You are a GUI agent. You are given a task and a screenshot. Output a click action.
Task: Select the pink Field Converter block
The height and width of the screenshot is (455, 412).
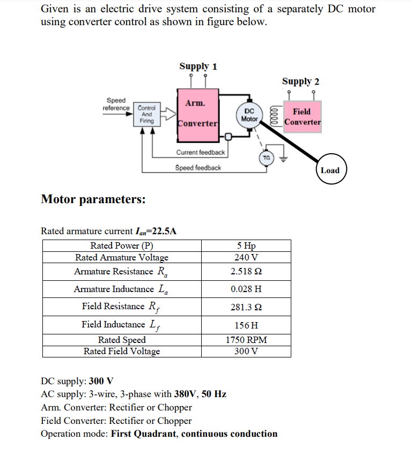[302, 117]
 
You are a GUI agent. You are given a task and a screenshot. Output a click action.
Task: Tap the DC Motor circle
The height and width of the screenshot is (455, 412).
[249, 115]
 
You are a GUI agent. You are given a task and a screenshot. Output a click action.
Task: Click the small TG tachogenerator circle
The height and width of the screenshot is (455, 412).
[266, 158]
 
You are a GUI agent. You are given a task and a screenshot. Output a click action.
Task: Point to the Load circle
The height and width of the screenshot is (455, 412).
[330, 170]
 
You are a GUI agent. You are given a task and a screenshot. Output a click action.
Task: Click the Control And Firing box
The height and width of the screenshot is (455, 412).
[146, 114]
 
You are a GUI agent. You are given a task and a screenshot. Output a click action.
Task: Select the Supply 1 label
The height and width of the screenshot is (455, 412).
[198, 66]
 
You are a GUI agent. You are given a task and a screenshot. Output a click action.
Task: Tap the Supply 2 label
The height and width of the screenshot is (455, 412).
[300, 81]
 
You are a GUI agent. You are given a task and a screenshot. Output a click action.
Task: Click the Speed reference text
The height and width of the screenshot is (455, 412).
[116, 104]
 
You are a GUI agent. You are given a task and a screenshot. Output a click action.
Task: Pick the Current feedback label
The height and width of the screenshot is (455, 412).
[201, 153]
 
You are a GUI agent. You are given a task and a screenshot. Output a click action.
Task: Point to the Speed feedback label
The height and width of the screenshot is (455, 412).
[198, 168]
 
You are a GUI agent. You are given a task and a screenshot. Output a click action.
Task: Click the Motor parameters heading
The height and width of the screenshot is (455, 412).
[93, 199]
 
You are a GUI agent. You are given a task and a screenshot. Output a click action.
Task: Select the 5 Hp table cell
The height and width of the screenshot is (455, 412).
[246, 246]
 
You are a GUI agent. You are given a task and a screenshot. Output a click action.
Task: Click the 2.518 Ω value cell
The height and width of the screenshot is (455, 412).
[246, 271]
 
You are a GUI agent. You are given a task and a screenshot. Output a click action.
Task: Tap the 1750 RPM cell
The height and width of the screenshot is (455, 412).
[246, 340]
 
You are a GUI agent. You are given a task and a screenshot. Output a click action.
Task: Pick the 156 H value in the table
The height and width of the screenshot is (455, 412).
[246, 325]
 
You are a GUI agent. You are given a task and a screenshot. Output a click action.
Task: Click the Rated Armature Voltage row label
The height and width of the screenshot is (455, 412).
[122, 257]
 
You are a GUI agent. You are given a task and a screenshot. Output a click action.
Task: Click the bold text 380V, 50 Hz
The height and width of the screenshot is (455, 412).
[200, 394]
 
